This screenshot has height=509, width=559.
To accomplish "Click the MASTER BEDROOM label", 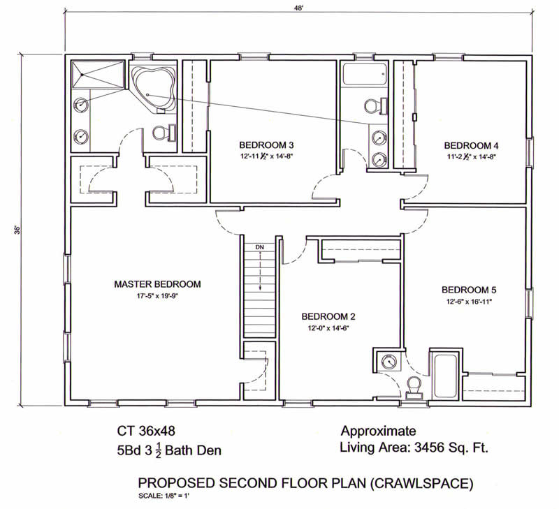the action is tap(157, 284).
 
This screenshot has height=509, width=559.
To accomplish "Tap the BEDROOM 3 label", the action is tap(266, 145).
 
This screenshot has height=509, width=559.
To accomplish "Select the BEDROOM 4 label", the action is tap(471, 145).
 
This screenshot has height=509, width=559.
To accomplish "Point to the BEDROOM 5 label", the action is tap(469, 290).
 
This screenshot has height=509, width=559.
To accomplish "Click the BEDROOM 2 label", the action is tap(328, 317).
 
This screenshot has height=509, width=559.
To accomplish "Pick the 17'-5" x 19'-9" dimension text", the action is tap(157, 295).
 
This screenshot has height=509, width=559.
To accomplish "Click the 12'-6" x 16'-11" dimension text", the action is tap(469, 302).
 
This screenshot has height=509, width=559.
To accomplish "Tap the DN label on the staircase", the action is tap(259, 247).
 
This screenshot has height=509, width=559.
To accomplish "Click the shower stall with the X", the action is tap(98, 74).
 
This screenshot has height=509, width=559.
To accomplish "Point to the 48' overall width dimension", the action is tap(298, 8).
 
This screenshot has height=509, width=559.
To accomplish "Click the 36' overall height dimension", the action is tap(17, 230).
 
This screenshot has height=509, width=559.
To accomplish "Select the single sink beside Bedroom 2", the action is tap(389, 361).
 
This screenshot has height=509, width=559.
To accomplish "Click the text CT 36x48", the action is tap(146, 431).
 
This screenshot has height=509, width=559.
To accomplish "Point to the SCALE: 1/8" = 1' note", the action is tap(164, 496).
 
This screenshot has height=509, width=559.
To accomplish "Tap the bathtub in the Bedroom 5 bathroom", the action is tap(444, 376).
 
